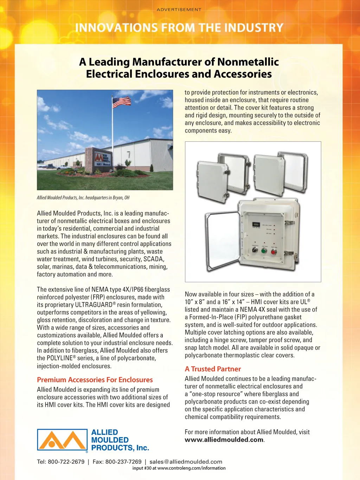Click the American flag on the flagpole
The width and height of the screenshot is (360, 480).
pyautogui.click(x=121, y=102)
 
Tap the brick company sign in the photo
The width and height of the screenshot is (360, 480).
pyautogui.click(x=102, y=160)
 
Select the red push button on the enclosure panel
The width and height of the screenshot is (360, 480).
pyautogui.click(x=274, y=251)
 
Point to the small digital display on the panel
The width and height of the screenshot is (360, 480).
pyautogui.click(x=256, y=225)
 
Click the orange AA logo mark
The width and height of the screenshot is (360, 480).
pyautogui.click(x=62, y=440)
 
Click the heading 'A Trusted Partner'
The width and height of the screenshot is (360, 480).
pyautogui.click(x=213, y=369)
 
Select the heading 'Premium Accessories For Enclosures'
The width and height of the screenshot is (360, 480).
pyautogui.click(x=95, y=380)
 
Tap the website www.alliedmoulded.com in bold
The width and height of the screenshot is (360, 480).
pyautogui.click(x=224, y=440)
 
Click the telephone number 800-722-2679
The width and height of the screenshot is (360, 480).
pyautogui.click(x=66, y=462)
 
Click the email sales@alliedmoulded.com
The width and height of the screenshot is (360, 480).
pyautogui.click(x=186, y=462)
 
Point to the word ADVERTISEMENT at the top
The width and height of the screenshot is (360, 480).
pyautogui.click(x=179, y=9)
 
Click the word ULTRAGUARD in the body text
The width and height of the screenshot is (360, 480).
pyautogui.click(x=94, y=305)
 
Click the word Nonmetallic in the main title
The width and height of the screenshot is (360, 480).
pyautogui.click(x=248, y=62)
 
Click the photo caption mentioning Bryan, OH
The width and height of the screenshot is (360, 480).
pyautogui.click(x=83, y=198)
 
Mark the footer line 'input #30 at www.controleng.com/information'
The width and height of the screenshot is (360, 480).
pyautogui.click(x=179, y=468)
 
